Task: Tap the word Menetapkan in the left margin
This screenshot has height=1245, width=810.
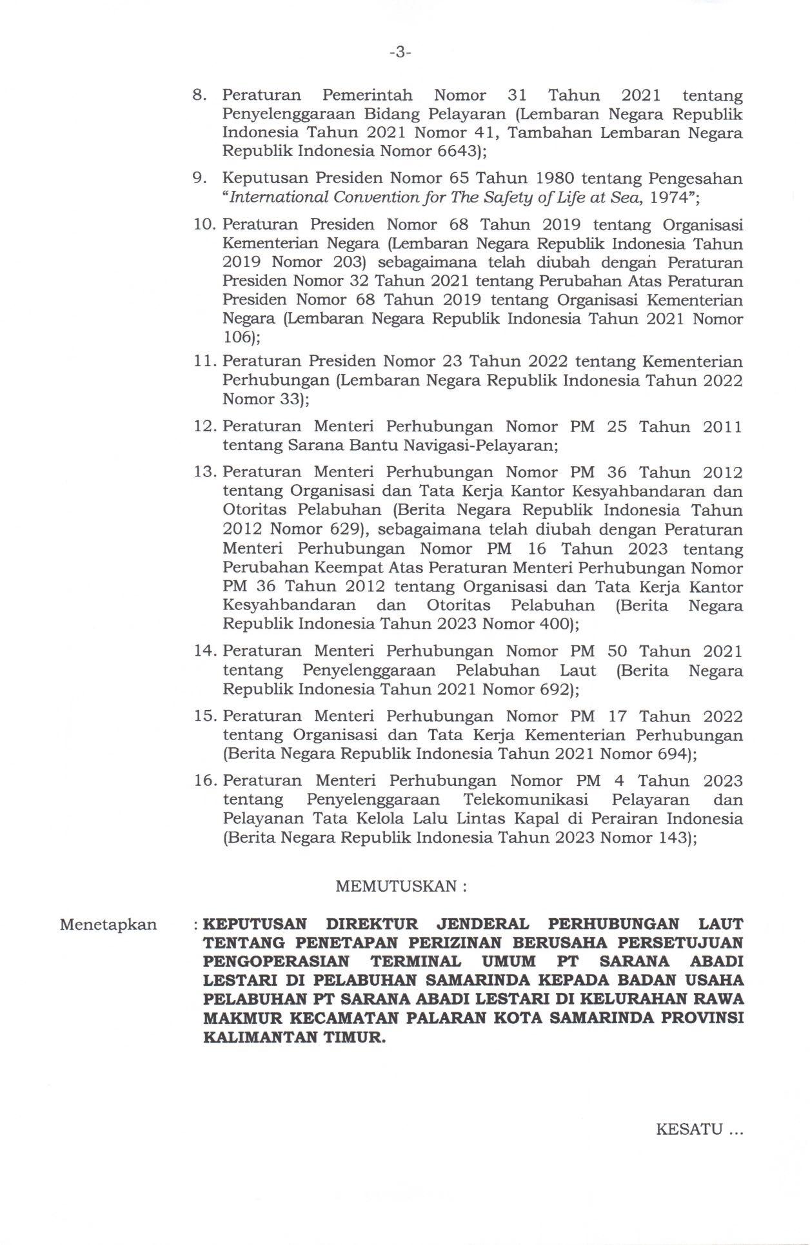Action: pyautogui.click(x=108, y=925)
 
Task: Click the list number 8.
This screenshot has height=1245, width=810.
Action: pyautogui.click(x=199, y=95)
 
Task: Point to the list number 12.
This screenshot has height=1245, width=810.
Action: pyautogui.click(x=204, y=426)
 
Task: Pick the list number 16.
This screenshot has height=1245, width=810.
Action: pyautogui.click(x=204, y=781)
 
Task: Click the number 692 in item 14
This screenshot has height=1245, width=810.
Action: pyautogui.click(x=553, y=689)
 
